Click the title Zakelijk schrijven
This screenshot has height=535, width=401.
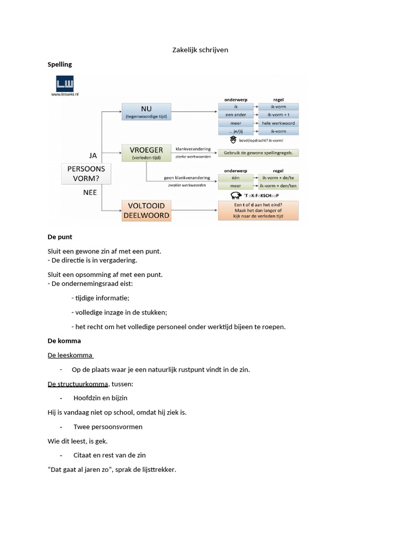pyautogui.click(x=200, y=50)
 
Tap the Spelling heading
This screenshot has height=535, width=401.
pyautogui.click(x=60, y=64)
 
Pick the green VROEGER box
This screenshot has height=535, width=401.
pyautogui.click(x=146, y=152)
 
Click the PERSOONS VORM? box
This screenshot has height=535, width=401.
pyautogui.click(x=86, y=173)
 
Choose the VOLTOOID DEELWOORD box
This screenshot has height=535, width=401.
pyautogui.click(x=146, y=210)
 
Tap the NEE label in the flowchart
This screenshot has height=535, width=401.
pyautogui.click(x=90, y=192)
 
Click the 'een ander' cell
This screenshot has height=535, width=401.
pyautogui.click(x=235, y=114)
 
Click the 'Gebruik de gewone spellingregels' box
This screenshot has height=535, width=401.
pyautogui.click(x=258, y=153)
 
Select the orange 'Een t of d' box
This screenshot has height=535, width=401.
pyautogui.click(x=258, y=210)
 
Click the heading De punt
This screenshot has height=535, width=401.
pyautogui.click(x=60, y=237)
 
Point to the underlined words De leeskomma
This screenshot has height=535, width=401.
pyautogui.click(x=70, y=355)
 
